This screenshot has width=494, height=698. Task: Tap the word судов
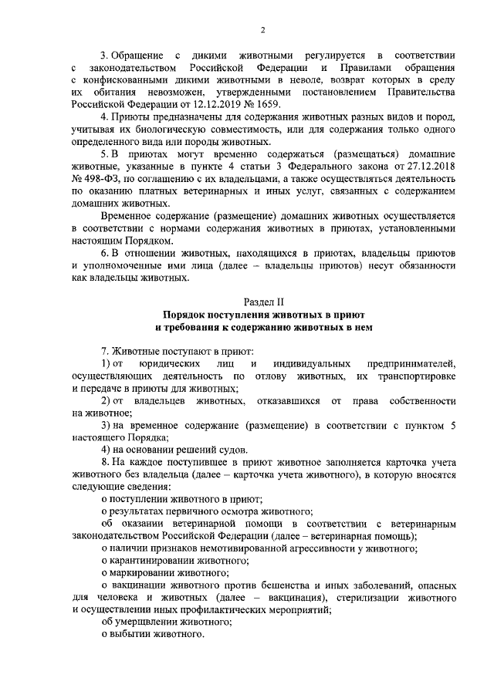[228, 450]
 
